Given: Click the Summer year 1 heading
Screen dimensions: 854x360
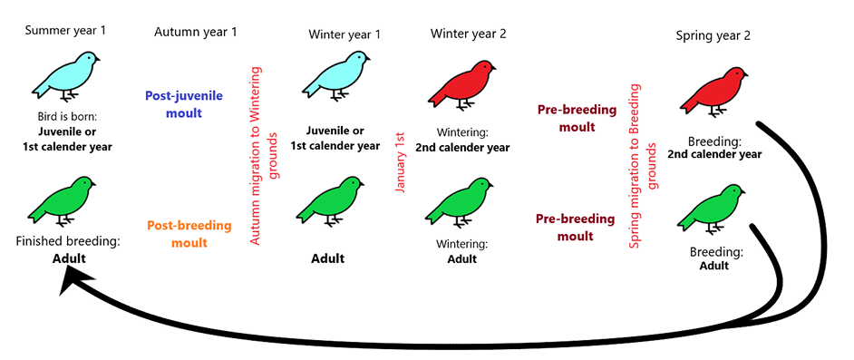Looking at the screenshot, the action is (x=65, y=31).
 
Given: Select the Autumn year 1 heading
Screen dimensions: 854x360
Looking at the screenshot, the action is (x=196, y=32).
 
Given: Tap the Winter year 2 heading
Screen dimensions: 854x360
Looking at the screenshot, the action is (x=468, y=34).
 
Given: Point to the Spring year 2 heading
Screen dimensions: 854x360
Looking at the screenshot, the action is (x=713, y=36).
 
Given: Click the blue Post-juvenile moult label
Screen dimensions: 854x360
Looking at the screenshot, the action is (x=183, y=104).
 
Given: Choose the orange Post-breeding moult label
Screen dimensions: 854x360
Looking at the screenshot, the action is (x=189, y=234).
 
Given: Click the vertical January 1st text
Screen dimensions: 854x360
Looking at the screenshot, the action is (x=402, y=161).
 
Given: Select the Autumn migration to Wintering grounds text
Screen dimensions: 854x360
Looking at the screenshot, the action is (x=264, y=155).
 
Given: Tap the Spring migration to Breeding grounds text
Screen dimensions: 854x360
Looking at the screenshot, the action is (x=644, y=166).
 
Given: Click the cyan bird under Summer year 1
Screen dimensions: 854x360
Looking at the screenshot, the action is (x=66, y=75).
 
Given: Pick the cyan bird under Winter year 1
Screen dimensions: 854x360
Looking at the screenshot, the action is (x=336, y=75).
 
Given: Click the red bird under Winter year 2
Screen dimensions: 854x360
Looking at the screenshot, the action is (x=462, y=85).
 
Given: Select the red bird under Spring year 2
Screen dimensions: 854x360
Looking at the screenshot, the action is (x=713, y=92).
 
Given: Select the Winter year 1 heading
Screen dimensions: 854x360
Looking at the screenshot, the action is (x=345, y=34).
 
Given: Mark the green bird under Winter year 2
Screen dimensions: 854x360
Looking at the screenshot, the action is (x=461, y=202).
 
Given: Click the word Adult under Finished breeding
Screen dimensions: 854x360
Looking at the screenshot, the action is (x=69, y=258).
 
